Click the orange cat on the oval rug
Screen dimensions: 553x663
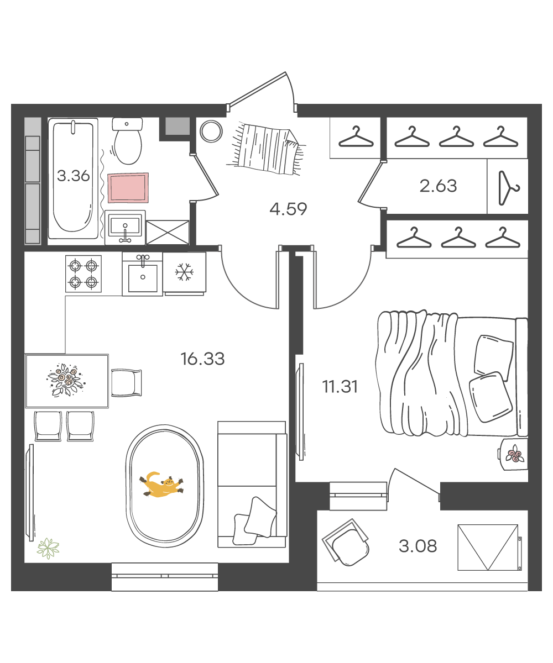point(161,485)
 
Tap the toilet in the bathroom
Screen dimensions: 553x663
point(127,141)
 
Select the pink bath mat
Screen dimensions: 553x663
point(128,188)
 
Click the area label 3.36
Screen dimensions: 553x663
point(74,176)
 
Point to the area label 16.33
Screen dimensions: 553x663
point(202,359)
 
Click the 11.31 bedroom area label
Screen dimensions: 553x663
point(340,387)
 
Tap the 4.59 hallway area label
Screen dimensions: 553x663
point(288,209)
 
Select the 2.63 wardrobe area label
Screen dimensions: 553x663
point(439,186)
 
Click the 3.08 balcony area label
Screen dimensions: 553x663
point(418,546)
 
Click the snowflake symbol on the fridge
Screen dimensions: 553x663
point(184,272)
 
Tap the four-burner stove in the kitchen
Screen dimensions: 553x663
point(84,273)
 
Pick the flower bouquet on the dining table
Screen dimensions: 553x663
point(66,380)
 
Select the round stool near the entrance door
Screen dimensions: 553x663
point(211,131)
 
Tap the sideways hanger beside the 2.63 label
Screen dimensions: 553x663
point(509,188)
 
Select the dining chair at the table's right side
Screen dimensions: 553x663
point(126,383)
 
